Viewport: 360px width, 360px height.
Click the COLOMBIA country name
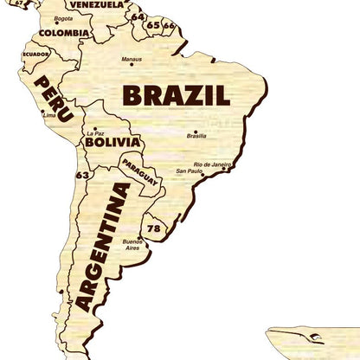tap(63, 34)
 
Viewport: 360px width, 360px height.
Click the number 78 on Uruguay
tap(154, 228)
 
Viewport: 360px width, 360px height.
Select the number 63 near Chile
tap(82, 175)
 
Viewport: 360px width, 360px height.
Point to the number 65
tap(152, 25)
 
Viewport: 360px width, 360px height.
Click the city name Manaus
tap(132, 60)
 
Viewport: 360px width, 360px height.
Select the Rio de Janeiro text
tap(213, 164)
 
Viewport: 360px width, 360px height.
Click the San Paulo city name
tap(189, 172)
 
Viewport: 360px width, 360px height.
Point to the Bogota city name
tap(62, 19)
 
